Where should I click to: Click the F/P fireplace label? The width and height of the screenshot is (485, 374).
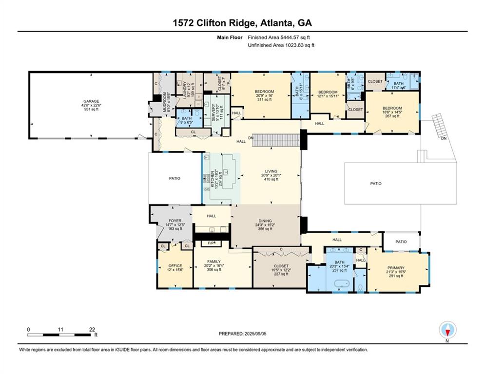click(x=211, y=242)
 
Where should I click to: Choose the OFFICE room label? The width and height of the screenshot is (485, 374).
click(x=175, y=266)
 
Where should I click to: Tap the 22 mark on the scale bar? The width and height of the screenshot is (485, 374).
click(x=92, y=330)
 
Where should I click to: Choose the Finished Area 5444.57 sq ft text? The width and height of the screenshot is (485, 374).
click(x=279, y=37)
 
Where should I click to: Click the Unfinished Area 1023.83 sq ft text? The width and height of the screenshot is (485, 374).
click(x=281, y=45)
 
